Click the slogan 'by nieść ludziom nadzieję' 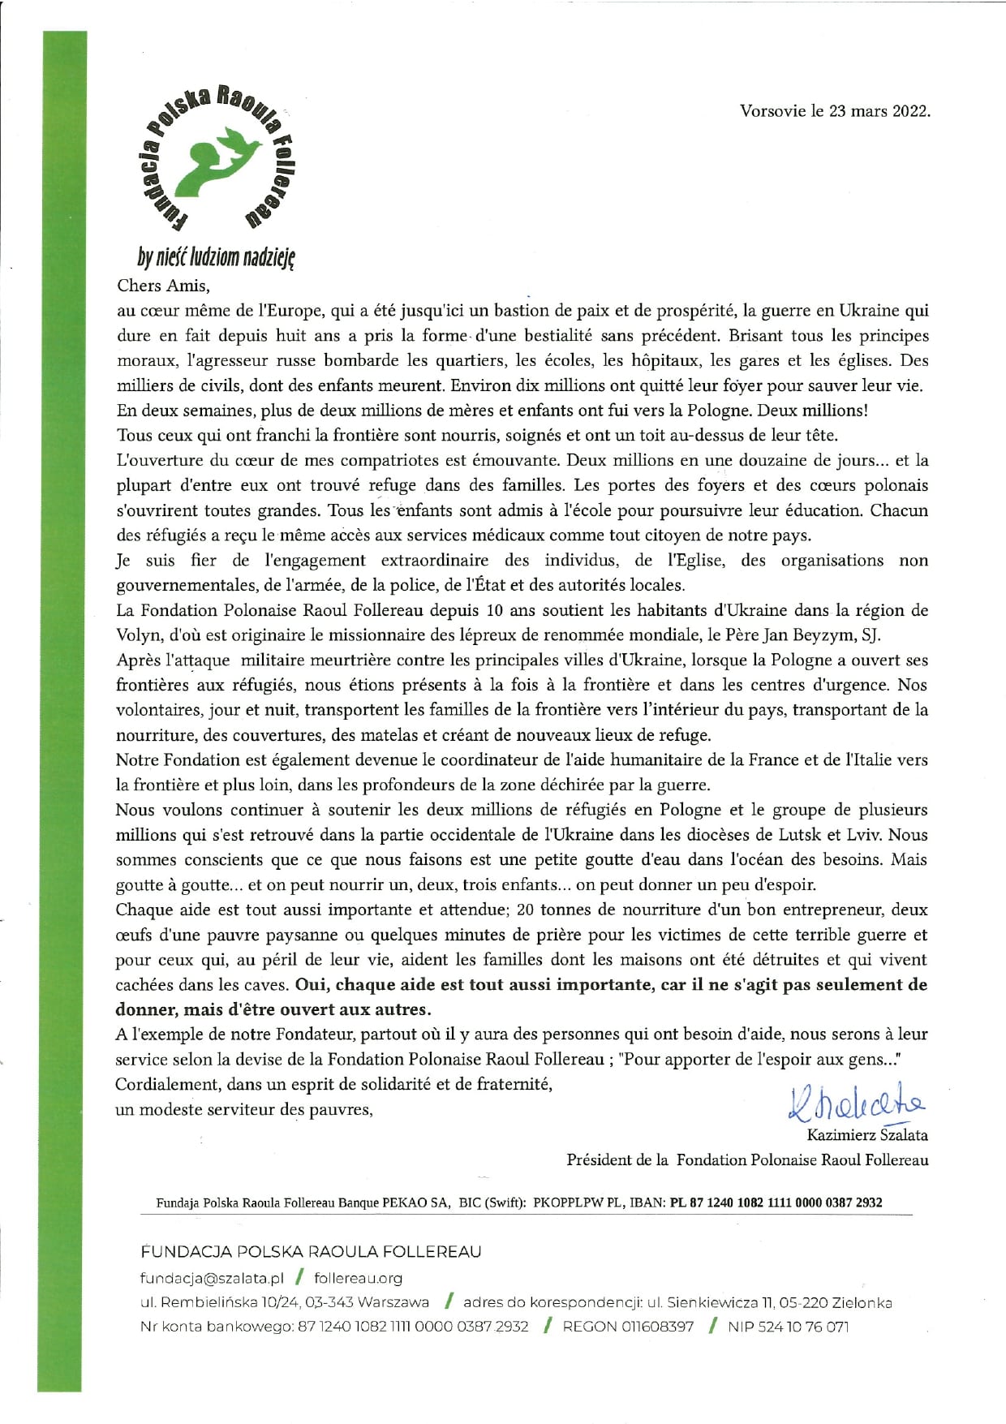tap(217, 258)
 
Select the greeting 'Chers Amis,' tap(163, 286)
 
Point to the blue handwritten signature tap(855, 1104)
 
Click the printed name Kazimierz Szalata tap(866, 1135)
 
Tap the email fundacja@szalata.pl tap(212, 1278)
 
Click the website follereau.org tap(358, 1278)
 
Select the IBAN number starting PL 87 tap(776, 1202)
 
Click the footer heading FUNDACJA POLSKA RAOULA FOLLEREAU tap(311, 1252)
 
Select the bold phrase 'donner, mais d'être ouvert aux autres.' tap(273, 1010)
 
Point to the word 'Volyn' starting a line tap(137, 635)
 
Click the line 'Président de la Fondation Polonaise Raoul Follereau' tap(747, 1160)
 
